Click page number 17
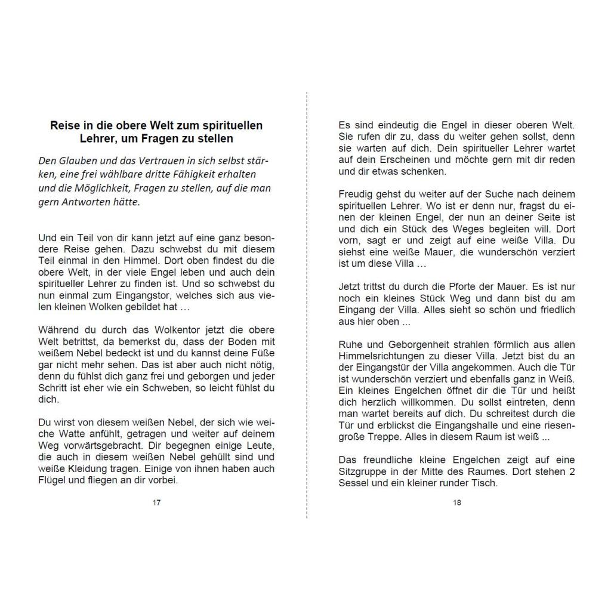click(x=156, y=502)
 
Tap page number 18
click(x=457, y=502)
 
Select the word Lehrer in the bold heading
click(x=97, y=138)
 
